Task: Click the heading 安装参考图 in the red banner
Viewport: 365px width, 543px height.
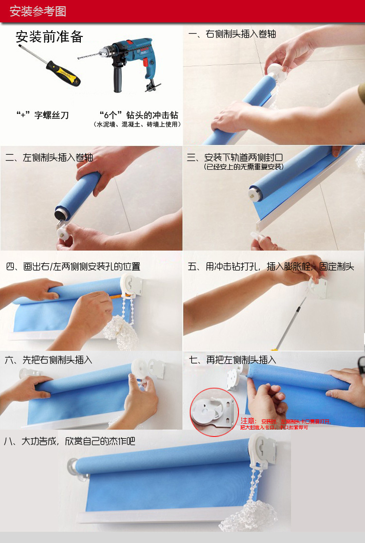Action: [x=38, y=11]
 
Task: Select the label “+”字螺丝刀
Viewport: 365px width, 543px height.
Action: [x=42, y=115]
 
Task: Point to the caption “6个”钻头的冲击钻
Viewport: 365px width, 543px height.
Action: [x=138, y=115]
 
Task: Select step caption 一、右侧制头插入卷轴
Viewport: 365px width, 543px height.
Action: [x=232, y=34]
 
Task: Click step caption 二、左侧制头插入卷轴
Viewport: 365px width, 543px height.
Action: [x=49, y=158]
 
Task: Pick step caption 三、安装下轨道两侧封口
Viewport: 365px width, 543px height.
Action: [x=235, y=158]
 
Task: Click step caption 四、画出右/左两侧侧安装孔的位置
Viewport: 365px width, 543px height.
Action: [x=73, y=267]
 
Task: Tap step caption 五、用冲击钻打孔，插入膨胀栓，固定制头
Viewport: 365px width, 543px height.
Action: [x=271, y=267]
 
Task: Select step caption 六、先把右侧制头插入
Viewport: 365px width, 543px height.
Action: [x=48, y=360]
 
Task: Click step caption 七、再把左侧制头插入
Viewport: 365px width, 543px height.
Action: [x=232, y=360]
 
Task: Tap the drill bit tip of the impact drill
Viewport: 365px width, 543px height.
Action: [x=80, y=57]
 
